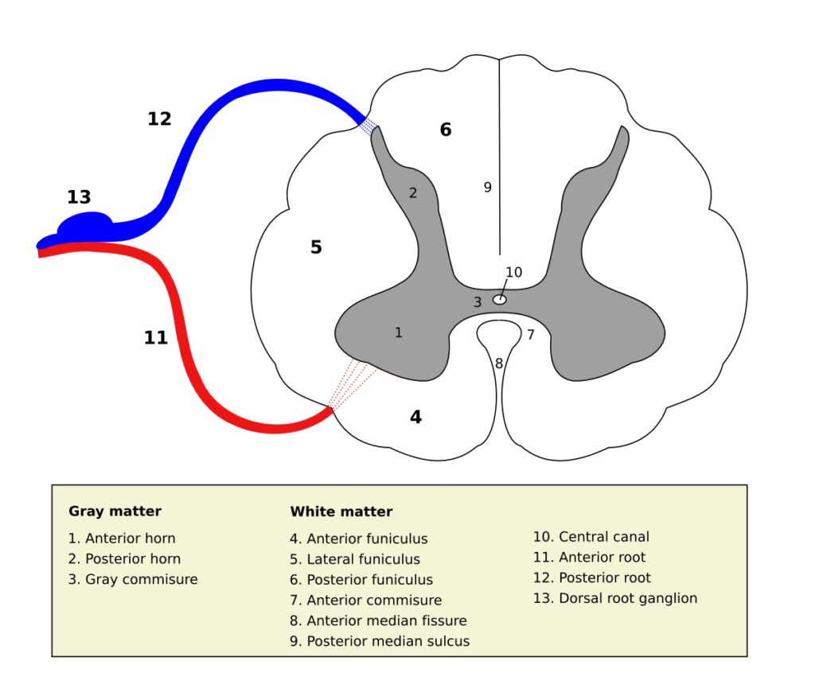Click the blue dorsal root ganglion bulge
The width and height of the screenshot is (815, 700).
(x=86, y=225)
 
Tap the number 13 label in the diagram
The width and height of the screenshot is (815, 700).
(x=79, y=197)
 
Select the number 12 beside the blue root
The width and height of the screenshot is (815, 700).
(x=159, y=119)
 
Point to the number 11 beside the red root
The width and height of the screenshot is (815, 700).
(x=156, y=338)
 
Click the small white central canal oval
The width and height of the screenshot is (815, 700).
(x=500, y=300)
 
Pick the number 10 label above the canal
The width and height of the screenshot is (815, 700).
(x=514, y=272)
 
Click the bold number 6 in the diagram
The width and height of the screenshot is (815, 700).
(x=446, y=130)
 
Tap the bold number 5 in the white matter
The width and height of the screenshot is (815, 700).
(x=316, y=247)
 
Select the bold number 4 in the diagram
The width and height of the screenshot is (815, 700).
(x=415, y=417)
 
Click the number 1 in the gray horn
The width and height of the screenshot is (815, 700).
(x=399, y=332)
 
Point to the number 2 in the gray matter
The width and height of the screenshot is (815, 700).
(x=413, y=192)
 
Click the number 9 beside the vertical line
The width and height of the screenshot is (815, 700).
(x=488, y=188)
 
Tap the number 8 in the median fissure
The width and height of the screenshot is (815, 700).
(x=499, y=364)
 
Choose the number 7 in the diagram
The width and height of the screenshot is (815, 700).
(x=531, y=335)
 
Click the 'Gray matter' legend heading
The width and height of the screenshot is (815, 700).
(x=115, y=511)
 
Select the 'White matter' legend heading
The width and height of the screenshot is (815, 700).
(x=341, y=511)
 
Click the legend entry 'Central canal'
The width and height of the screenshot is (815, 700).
(x=591, y=537)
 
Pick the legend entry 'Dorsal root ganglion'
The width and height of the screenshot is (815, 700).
(x=615, y=598)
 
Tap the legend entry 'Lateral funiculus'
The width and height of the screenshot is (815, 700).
(x=355, y=559)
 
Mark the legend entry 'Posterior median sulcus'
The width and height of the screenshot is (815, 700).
(x=380, y=641)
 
